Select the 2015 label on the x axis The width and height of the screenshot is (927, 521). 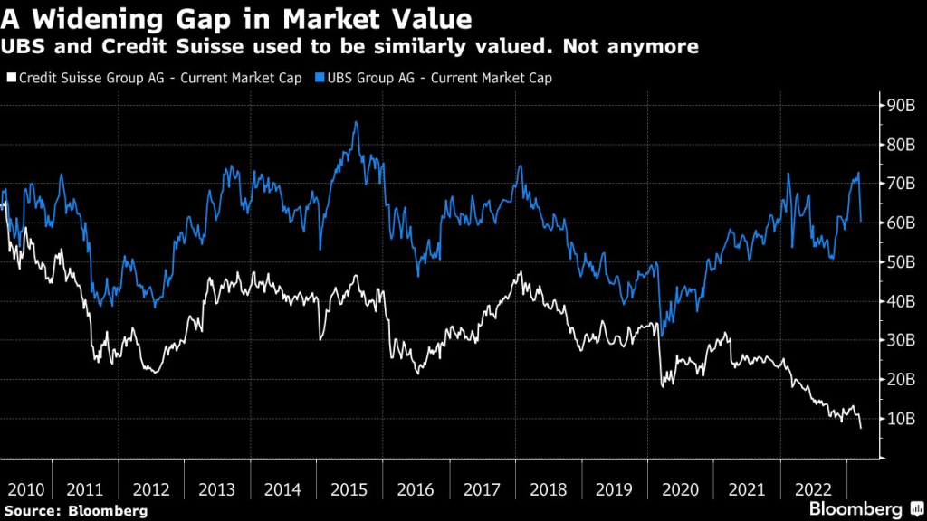click(349, 489)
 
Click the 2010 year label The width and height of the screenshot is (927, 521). click(26, 489)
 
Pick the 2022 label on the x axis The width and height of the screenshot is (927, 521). click(813, 489)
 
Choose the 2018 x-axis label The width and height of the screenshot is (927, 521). click(548, 489)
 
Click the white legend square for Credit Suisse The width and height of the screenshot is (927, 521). click(12, 78)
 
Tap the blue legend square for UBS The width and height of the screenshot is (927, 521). click(320, 78)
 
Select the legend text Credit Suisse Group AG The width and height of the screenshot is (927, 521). click(91, 78)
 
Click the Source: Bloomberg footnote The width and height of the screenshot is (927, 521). click(76, 510)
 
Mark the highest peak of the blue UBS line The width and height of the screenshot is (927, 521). click(356, 122)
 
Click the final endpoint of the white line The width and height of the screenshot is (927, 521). click(861, 427)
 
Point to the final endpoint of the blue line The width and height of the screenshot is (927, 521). click(861, 222)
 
